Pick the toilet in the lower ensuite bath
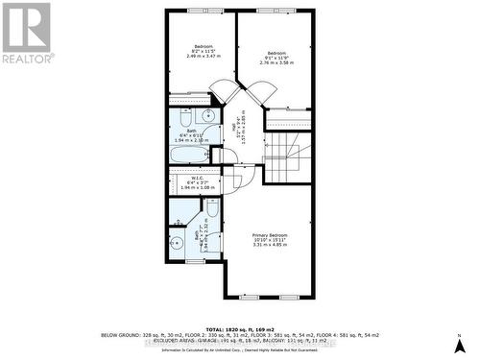click(x=212, y=208)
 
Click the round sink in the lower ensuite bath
click(x=177, y=243)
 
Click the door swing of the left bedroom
click(x=223, y=92)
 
